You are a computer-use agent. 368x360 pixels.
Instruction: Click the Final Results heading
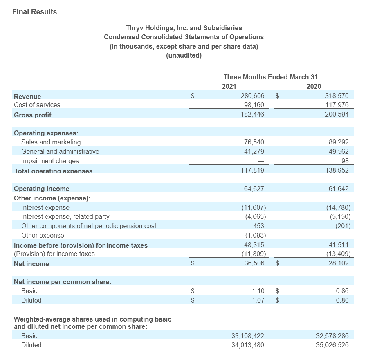[35, 12]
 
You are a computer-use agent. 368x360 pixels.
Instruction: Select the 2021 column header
[229, 86]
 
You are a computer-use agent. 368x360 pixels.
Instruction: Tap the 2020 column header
[314, 86]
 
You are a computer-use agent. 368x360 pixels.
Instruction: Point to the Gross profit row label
[33, 115]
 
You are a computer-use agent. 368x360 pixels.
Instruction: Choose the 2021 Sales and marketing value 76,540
[254, 142]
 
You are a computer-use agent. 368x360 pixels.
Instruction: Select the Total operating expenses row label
[53, 171]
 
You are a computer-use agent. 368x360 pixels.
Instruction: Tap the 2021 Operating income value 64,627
[254, 189]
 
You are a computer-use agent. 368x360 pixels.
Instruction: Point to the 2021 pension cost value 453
[259, 226]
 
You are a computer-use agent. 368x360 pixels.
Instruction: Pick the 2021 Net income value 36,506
[254, 263]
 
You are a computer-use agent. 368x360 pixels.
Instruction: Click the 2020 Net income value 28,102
[339, 263]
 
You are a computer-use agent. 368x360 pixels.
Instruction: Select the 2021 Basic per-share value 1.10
[258, 291]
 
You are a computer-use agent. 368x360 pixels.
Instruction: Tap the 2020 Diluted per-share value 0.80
[342, 300]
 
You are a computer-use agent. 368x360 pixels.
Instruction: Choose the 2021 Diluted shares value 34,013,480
[248, 345]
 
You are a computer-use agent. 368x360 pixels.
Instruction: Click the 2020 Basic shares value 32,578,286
[332, 336]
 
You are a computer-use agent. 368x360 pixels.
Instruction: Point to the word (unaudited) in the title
[184, 56]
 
